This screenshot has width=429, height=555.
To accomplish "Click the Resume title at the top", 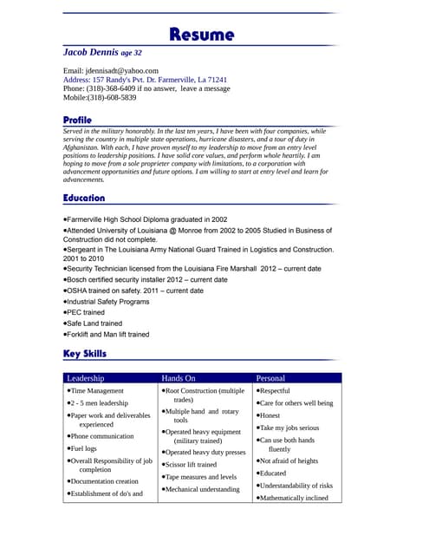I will (x=202, y=35).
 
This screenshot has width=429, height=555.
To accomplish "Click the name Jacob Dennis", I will (x=90, y=53).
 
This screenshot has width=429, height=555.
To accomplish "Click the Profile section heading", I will (x=77, y=119).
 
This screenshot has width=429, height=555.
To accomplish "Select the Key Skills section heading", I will (x=85, y=354).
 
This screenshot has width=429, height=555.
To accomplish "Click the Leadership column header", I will (x=86, y=378).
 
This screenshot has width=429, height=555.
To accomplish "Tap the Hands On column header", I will (x=179, y=378).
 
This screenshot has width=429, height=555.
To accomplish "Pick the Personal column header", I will (x=270, y=378).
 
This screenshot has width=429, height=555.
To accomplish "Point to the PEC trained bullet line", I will (x=86, y=312).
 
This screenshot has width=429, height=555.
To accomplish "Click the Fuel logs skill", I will (x=83, y=448).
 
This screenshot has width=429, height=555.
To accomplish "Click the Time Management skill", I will (x=96, y=391).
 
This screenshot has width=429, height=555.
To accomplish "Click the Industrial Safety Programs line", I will (x=107, y=302).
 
